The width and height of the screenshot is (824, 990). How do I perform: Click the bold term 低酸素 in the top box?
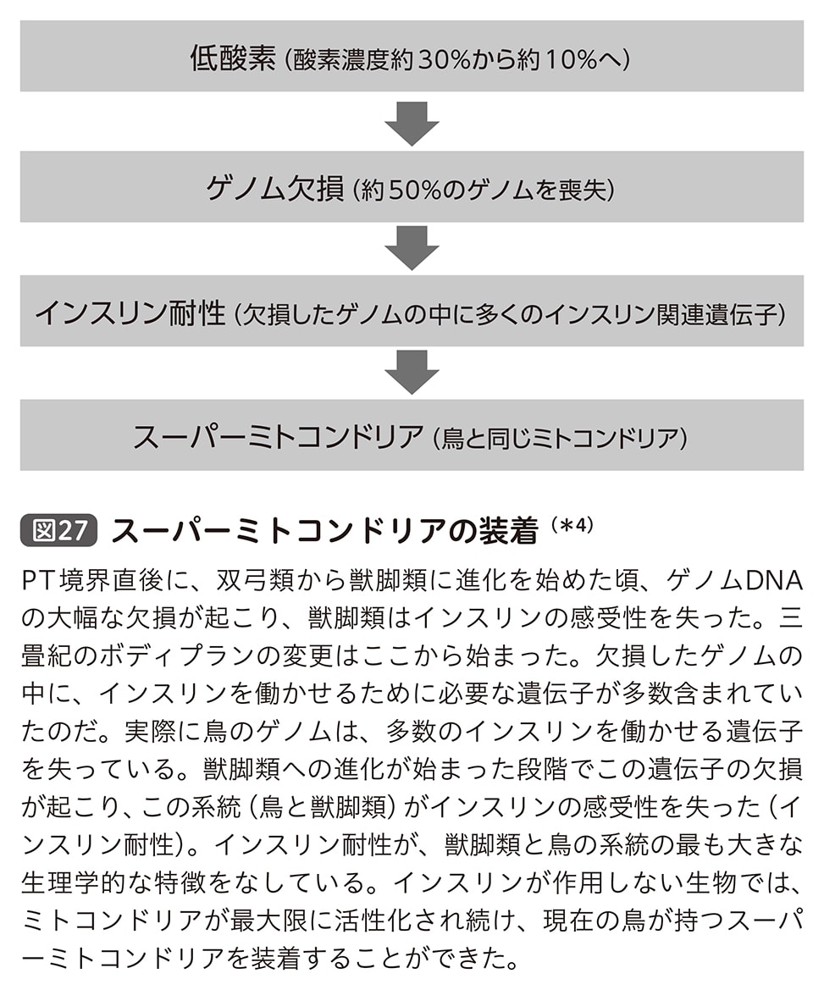click(232, 58)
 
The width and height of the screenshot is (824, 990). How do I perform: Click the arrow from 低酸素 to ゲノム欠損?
click(412, 122)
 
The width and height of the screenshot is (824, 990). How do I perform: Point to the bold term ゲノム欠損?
click(276, 187)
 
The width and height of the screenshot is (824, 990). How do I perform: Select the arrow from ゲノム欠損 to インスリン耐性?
click(412, 246)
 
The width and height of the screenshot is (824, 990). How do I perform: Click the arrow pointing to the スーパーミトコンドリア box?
click(412, 372)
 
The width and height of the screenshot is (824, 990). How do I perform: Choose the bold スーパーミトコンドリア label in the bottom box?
click(278, 437)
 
